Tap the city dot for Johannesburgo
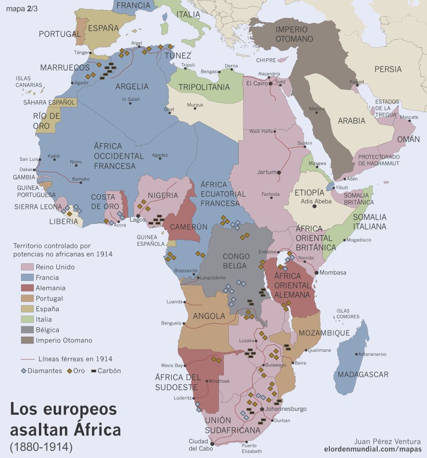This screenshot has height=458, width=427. pos(262,409)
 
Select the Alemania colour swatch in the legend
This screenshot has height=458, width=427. pos(27,288)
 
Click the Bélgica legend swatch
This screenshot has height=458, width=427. pos(27,330)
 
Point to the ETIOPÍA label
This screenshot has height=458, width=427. pos(309,193)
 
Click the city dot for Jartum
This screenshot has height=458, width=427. pos(279,172)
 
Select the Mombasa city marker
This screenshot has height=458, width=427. pos(316,273)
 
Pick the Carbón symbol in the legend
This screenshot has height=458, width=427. pos(92,370)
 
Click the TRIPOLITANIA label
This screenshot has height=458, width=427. pos(204,87)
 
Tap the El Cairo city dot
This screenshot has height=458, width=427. pos(270,83)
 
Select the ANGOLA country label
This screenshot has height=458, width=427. pos(209,316)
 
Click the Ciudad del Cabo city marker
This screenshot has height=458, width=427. pos(212,444)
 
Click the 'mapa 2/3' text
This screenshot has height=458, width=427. pos(22,8)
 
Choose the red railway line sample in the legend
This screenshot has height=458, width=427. pos(28,359)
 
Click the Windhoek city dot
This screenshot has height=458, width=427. pos(207,381)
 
